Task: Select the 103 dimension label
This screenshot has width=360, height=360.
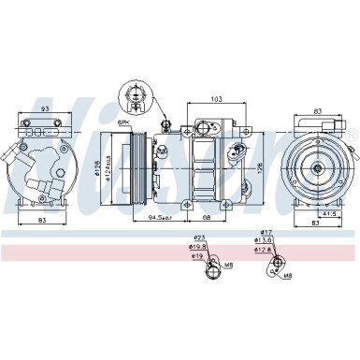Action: [217, 97]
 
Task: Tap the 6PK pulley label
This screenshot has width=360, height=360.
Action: [123, 122]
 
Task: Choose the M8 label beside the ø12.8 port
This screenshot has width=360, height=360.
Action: [288, 276]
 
